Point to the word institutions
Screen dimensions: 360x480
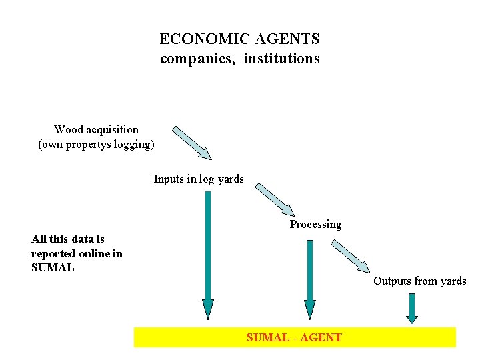(282, 59)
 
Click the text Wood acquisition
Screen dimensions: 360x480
(96, 129)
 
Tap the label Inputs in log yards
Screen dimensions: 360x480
(199, 179)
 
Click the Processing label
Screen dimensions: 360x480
(315, 224)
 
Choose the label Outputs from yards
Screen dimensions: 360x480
(420, 281)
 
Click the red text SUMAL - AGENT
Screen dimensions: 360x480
(294, 337)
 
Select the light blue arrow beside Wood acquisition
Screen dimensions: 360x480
(192, 143)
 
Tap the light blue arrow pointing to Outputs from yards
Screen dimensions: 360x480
(351, 256)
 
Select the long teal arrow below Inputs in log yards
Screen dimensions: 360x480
(208, 253)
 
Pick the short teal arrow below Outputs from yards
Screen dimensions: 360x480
(412, 308)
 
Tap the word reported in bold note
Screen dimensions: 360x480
(53, 253)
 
